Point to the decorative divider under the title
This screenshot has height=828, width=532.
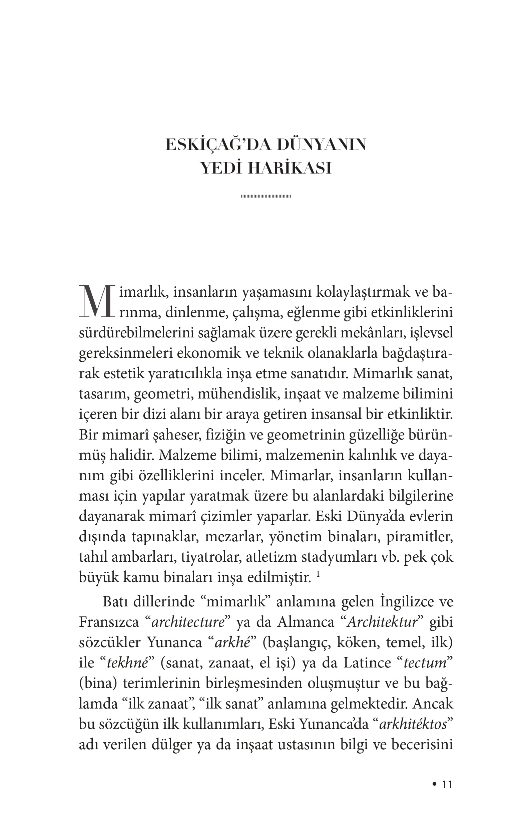266,197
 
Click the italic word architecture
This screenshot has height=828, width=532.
188,622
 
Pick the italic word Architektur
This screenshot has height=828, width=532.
383,622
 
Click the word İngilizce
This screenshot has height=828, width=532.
406,602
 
